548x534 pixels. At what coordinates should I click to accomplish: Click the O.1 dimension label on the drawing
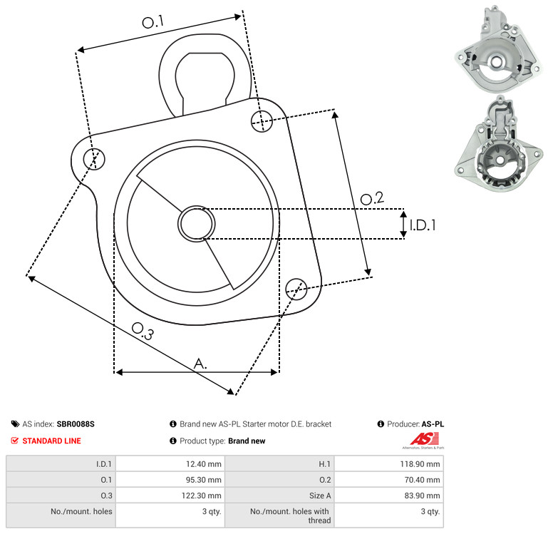coord(152,22)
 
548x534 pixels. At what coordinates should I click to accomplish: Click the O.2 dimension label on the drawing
coord(372,198)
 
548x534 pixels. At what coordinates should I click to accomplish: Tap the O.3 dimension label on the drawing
coord(143,332)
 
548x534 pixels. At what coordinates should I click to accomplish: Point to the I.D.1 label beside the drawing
coord(423,225)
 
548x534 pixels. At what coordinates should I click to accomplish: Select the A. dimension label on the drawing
coord(200,364)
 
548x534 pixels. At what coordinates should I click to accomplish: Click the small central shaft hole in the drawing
coord(197,223)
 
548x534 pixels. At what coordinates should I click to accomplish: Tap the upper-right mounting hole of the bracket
coord(262,121)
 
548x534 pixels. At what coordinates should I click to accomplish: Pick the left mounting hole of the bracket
coord(94,159)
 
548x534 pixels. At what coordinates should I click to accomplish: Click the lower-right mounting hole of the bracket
coord(296,289)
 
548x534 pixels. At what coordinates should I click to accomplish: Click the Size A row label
coord(320,496)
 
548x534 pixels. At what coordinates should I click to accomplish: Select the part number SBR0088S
coord(76,424)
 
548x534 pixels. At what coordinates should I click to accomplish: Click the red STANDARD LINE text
coord(52,441)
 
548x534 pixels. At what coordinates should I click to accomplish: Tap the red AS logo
coord(424,439)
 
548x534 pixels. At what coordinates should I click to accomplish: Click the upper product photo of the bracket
coord(498,49)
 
